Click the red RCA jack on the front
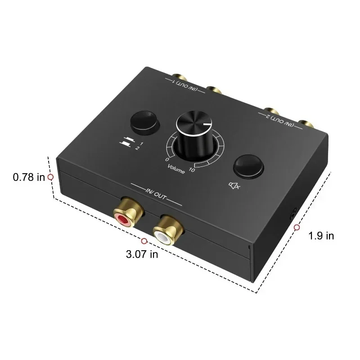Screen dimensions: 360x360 pyautogui.click(x=123, y=219)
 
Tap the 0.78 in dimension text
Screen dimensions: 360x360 pyautogui.click(x=29, y=177)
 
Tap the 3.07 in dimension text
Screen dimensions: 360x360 pyautogui.click(x=142, y=254)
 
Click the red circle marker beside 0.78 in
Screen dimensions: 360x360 pyautogui.click(x=50, y=177)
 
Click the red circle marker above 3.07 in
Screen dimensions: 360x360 pyautogui.click(x=144, y=242)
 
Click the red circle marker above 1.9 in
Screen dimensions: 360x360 pyautogui.click(x=297, y=228)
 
